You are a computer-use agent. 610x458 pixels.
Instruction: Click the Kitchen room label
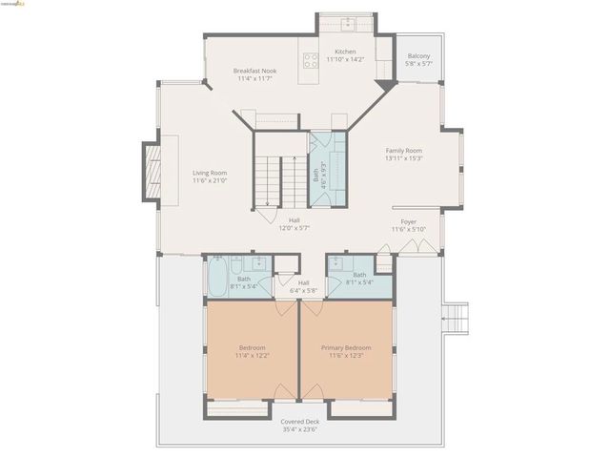(x=345, y=52)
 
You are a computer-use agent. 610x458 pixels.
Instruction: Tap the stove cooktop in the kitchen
(x=311, y=60)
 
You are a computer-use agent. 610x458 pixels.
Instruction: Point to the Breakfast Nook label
(x=254, y=72)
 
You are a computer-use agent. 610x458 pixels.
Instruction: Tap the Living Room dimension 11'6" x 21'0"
(x=209, y=180)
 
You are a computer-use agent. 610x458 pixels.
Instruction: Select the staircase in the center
(x=268, y=171)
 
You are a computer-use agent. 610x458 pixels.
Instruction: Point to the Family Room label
(x=403, y=151)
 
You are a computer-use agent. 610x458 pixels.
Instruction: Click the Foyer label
(x=408, y=221)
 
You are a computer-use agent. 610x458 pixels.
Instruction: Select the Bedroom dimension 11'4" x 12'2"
(x=253, y=356)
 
